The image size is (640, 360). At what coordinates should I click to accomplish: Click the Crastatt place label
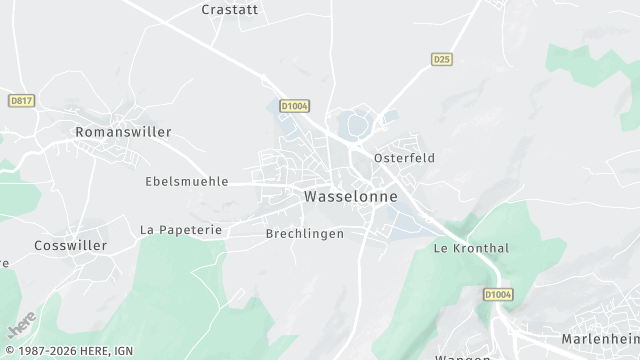pyautogui.click(x=231, y=9)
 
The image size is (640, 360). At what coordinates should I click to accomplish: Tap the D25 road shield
pyautogui.click(x=442, y=60)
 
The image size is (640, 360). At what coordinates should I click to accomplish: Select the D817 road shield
pyautogui.click(x=20, y=101)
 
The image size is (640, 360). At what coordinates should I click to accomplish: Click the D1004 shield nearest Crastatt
pyautogui.click(x=294, y=104)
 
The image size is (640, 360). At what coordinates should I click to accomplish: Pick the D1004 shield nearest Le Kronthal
pyautogui.click(x=497, y=295)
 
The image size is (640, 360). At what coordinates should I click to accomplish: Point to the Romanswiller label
pyautogui.click(x=123, y=132)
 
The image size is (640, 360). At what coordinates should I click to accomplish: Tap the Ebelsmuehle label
pyautogui.click(x=187, y=182)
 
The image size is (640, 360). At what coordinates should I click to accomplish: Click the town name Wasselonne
pyautogui.click(x=350, y=197)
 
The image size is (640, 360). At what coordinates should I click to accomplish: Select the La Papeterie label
pyautogui.click(x=181, y=229)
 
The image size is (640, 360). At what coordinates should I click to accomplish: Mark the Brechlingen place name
pyautogui.click(x=305, y=234)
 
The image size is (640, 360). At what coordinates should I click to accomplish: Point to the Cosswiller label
pyautogui.click(x=71, y=245)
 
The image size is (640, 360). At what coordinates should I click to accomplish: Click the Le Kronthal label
pyautogui.click(x=471, y=248)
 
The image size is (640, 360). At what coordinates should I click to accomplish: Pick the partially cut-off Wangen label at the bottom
pyautogui.click(x=462, y=356)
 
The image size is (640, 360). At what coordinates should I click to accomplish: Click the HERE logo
pyautogui.click(x=22, y=326)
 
